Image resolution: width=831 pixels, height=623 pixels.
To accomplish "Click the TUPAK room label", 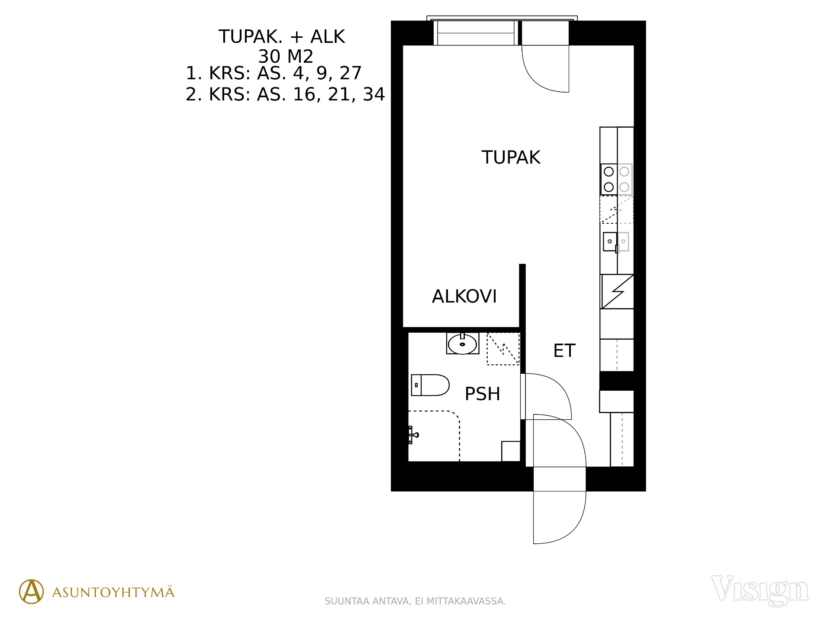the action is [511, 157].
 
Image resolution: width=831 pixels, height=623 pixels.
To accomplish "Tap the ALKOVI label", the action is [464, 296].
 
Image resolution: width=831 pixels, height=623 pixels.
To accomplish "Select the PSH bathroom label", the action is [482, 394].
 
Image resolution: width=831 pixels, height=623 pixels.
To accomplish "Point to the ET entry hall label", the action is [564, 350].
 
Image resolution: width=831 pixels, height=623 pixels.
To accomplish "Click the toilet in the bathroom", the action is [430, 385].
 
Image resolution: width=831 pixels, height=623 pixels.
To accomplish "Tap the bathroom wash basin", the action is [463, 344].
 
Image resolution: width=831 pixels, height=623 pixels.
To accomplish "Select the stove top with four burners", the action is [616, 179].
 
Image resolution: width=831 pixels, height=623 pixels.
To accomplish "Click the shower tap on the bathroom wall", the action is [412, 435].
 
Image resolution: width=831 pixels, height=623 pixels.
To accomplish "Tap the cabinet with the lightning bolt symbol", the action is [617, 292].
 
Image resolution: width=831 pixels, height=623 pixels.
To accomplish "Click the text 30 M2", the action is [286, 56].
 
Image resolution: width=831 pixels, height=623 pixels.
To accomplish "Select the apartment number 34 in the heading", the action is [374, 94].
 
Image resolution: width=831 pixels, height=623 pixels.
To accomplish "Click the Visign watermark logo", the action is [759, 590].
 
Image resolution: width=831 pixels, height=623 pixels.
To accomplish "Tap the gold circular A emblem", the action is [31, 591].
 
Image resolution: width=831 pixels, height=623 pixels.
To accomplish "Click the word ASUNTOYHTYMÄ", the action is [113, 592].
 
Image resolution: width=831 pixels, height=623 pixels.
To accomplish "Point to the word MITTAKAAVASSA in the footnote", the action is [466, 601].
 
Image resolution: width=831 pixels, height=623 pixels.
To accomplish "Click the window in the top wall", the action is [476, 32].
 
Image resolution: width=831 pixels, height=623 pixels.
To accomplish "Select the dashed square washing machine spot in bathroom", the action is [503, 349].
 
